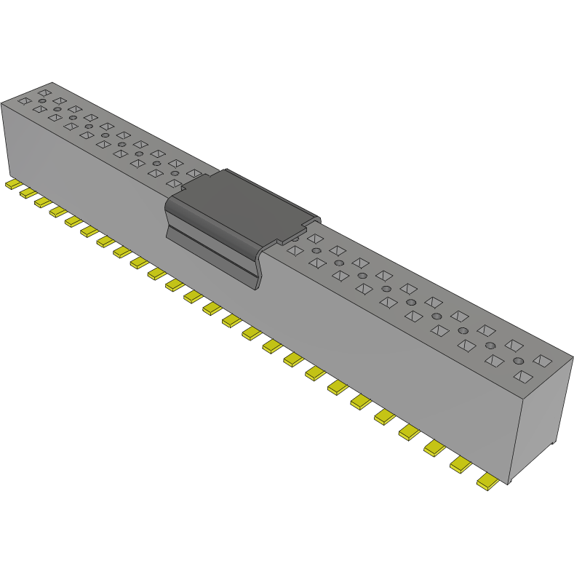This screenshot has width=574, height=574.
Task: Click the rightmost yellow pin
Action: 490,481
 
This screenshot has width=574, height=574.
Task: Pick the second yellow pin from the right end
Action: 462,464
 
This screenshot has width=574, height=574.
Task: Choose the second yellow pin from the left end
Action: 28,193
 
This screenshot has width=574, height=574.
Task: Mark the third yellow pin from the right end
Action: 435,447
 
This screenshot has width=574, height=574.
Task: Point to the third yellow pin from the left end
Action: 43,202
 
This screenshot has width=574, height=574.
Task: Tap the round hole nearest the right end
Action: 518,361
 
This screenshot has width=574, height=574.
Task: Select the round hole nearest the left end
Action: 42,100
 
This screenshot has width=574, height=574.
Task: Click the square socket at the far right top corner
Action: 542,360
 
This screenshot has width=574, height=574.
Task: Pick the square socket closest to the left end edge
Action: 24,101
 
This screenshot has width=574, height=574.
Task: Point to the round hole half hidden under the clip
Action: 295,237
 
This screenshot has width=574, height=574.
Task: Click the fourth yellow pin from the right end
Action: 410,432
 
